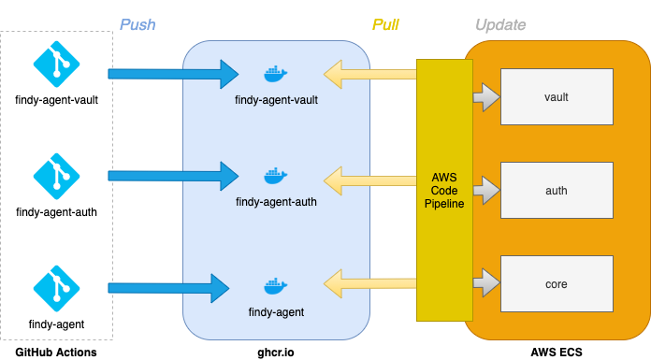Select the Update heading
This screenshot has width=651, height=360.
[x=500, y=24]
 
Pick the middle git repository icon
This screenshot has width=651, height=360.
[x=57, y=176]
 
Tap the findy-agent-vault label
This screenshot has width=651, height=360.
[x=277, y=98]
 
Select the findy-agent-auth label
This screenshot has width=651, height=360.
[x=277, y=201]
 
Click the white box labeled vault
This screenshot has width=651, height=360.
[x=557, y=96]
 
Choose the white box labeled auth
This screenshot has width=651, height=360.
[x=557, y=190]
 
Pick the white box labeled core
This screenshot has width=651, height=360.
[x=557, y=283]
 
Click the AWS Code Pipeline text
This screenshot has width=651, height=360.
[x=444, y=190]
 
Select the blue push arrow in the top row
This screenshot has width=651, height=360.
[x=173, y=74]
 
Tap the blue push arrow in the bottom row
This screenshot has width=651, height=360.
[x=168, y=288]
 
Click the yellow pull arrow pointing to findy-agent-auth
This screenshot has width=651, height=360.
[x=369, y=176]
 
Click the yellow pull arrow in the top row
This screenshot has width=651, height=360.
[x=369, y=74]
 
